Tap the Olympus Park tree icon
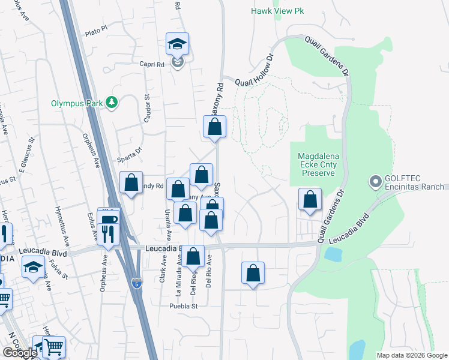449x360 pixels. [x=111, y=103]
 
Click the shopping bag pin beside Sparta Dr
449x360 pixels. [x=131, y=183]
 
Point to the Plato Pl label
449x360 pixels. [x=96, y=28]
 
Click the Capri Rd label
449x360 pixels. [x=152, y=65]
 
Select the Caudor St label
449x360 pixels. [x=146, y=107]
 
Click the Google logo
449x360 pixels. [x=20, y=353]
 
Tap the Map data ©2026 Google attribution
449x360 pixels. [x=412, y=355]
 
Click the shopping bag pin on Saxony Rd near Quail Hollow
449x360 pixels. [x=214, y=127]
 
